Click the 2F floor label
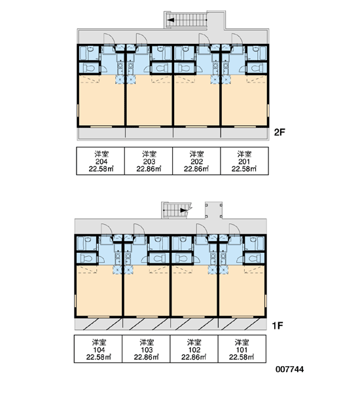[x=279, y=132]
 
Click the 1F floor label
[x=278, y=326]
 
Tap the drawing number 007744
[x=289, y=369]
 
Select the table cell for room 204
[x=100, y=161]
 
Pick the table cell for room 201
[x=245, y=161]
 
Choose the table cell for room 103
[x=146, y=349]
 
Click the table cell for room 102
[x=194, y=349]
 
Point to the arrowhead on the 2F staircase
[x=171, y=20]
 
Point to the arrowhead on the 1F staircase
[x=184, y=210]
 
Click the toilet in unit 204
[x=88, y=67]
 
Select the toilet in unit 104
[x=86, y=258]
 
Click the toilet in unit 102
[x=182, y=258]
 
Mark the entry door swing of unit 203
[x=141, y=39]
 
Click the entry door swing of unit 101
[x=234, y=229]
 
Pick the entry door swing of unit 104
[x=107, y=229]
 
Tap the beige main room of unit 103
[x=147, y=292]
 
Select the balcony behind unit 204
[x=101, y=132]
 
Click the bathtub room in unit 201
[x=257, y=52]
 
